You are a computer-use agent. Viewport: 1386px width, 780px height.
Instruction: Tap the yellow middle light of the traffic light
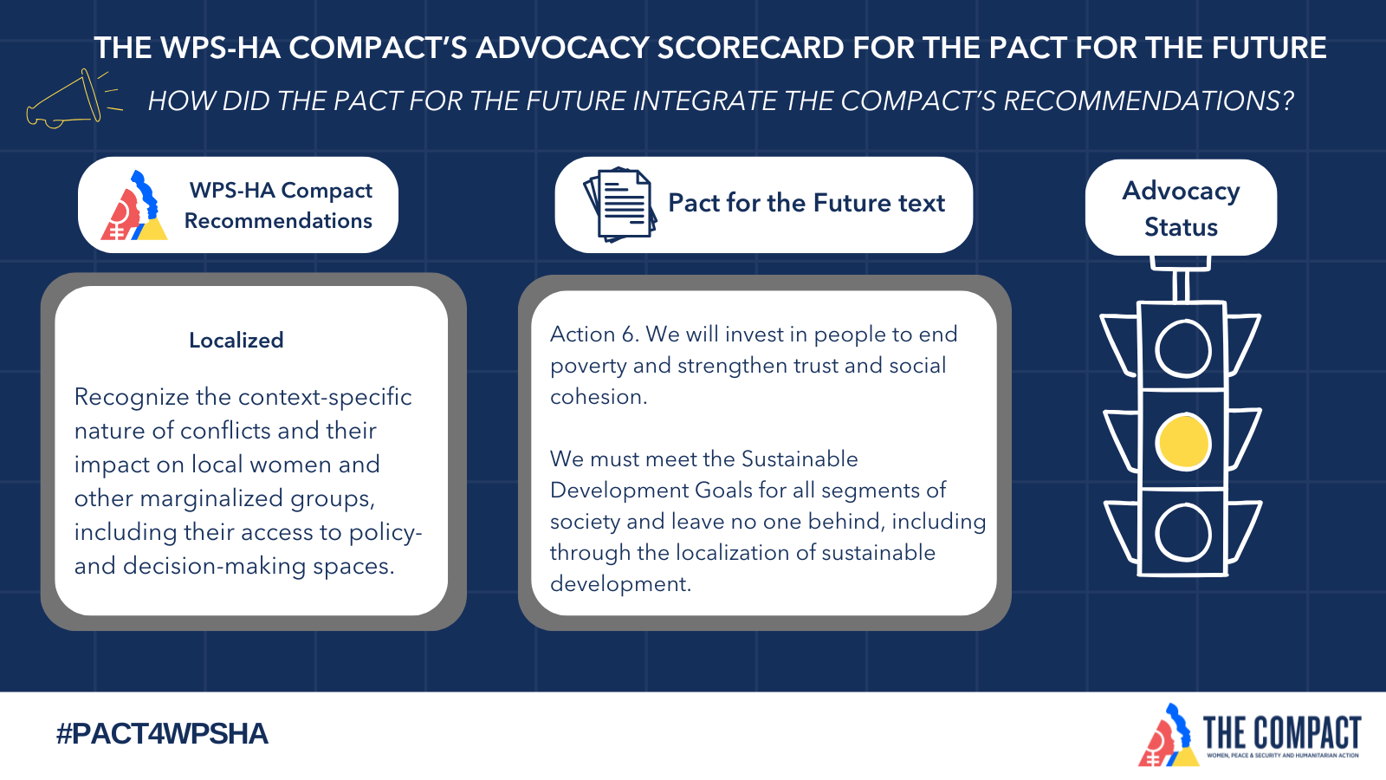pyautogui.click(x=1183, y=443)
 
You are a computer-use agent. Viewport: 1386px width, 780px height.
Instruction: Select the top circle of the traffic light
pyautogui.click(x=1183, y=348)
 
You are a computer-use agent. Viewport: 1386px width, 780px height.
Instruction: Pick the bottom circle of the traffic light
pyautogui.click(x=1183, y=533)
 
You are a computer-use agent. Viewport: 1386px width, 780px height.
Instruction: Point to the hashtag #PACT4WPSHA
pyautogui.click(x=162, y=734)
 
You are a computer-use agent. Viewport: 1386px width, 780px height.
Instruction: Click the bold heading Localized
pyautogui.click(x=236, y=340)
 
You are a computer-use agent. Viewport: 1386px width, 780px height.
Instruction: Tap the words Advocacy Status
pyautogui.click(x=1181, y=209)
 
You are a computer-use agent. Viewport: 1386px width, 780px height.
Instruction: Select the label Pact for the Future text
pyautogui.click(x=806, y=203)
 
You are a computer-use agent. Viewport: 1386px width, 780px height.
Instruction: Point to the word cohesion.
pyautogui.click(x=599, y=397)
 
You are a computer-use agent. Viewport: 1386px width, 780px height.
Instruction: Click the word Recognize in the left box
pyautogui.click(x=131, y=398)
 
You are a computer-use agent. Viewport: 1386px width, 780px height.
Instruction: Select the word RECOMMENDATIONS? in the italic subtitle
pyautogui.click(x=1149, y=101)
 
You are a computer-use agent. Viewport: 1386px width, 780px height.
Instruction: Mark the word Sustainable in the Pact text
pyautogui.click(x=800, y=459)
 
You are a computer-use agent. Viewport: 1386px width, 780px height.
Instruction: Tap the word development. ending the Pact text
pyautogui.click(x=620, y=585)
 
